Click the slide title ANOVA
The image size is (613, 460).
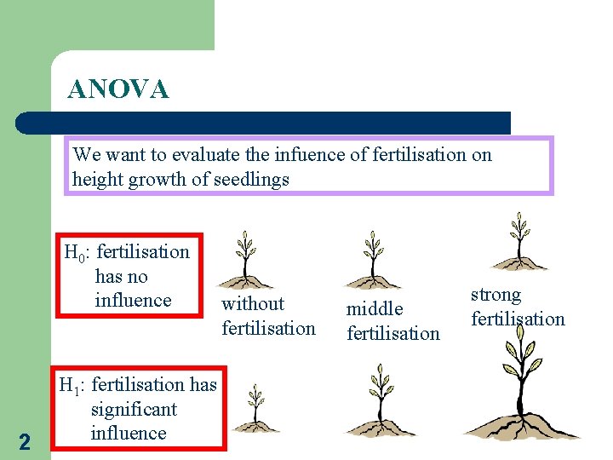[x=118, y=89]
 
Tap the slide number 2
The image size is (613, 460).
[x=24, y=442]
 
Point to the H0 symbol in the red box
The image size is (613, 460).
[x=77, y=252]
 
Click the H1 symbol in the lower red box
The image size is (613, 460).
[x=72, y=386]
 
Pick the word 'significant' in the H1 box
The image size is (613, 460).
[x=134, y=409]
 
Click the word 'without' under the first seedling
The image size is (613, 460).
[x=253, y=303]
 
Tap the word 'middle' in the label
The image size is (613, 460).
[x=374, y=308]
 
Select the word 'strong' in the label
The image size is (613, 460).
[x=496, y=295]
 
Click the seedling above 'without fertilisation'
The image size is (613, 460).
[x=246, y=260]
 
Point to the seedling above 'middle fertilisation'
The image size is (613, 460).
[x=372, y=260]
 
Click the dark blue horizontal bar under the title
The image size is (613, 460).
[x=264, y=123]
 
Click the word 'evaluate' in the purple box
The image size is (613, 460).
[x=204, y=155]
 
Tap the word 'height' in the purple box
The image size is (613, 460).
[x=97, y=180]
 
